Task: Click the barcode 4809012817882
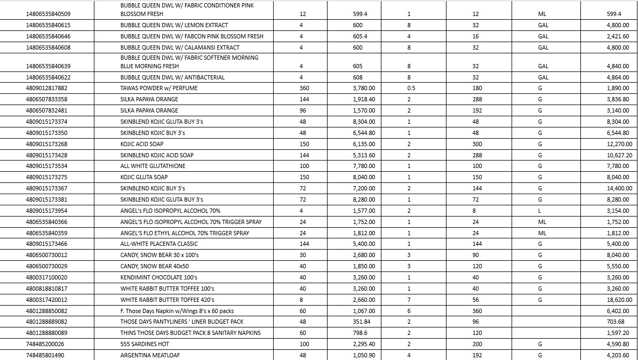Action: [46, 88]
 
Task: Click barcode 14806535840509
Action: [48, 14]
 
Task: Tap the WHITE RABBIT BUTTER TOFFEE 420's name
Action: [167, 300]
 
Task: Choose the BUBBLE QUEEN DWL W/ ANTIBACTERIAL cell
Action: [172, 77]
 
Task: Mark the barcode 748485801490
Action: [44, 355]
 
